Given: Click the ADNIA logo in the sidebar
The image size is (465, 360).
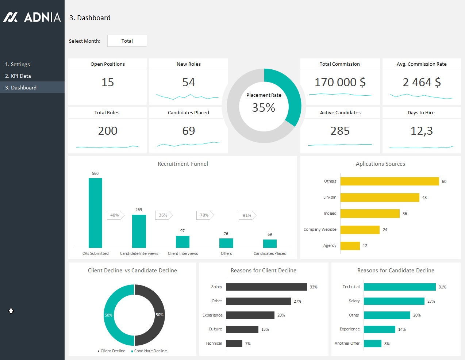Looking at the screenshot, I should pos(32,17).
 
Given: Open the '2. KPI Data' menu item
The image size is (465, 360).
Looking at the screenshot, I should pos(18,76).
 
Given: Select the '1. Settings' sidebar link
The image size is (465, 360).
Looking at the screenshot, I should pos(18,64).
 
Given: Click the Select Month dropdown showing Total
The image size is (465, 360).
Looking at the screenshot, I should pos(127,41).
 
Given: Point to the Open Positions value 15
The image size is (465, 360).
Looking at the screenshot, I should pos(108,83).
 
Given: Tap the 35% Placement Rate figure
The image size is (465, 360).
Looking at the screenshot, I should pos(264,108).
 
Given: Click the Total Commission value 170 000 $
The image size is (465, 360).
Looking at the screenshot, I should pos(340,83).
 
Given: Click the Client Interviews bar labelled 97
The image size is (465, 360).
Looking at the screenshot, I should pos(182,242).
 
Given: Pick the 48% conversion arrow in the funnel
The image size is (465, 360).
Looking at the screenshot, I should pos(115,215).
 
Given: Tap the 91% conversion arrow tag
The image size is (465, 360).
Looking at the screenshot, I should pos(247,215).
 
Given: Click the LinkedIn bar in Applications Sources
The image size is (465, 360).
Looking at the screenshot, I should pos(380,198).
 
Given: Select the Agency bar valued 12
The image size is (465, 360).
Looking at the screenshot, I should pos(350,246).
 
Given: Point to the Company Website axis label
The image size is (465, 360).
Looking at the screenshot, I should pos(320,229).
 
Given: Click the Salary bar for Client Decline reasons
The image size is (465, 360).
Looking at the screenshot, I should pos(266,287).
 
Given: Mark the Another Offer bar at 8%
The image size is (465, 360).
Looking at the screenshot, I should pos(373,344).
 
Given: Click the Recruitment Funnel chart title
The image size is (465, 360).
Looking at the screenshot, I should pos(183,164).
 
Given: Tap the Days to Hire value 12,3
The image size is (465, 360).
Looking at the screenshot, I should pos(422,131).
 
